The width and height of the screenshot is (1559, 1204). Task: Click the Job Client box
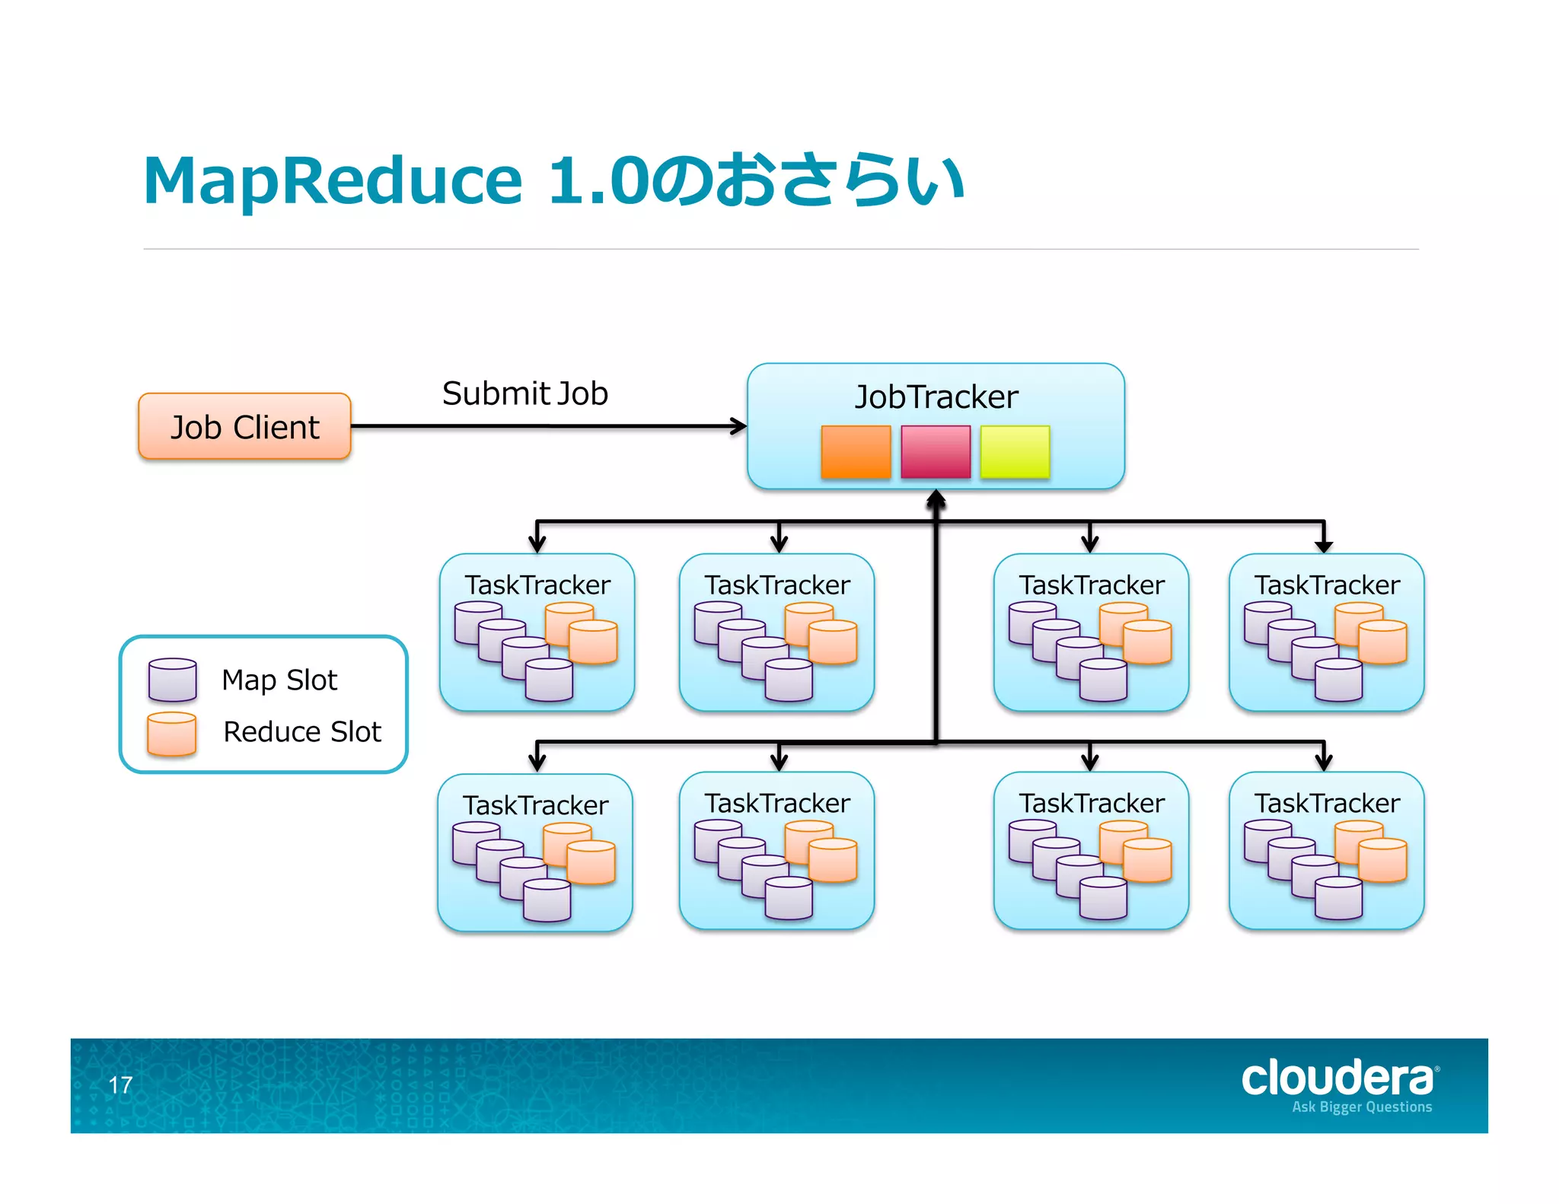tap(244, 426)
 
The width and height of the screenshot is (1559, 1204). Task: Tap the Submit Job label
tap(524, 393)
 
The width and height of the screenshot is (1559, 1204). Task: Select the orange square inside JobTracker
tap(856, 451)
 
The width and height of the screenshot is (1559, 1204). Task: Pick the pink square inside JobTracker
tap(935, 451)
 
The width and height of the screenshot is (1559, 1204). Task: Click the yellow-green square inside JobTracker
tap(1015, 451)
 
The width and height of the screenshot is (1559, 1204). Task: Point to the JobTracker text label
tap(936, 397)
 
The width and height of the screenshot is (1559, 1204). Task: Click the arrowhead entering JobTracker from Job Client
tap(738, 426)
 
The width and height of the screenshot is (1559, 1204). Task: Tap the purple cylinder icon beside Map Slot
tap(173, 679)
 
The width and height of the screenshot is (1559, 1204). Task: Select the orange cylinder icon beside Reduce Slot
tap(172, 733)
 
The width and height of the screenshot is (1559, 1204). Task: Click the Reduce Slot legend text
tap(302, 731)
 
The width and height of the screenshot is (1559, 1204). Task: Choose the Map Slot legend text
tap(279, 680)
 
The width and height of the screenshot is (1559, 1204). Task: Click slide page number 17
tap(120, 1085)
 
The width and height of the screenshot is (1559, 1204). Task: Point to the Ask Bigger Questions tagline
tap(1362, 1107)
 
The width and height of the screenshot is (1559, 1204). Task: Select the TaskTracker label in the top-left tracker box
tap(537, 584)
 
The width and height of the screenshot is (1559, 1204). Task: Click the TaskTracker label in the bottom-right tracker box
tap(1327, 803)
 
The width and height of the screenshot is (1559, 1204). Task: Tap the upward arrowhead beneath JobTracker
tap(936, 499)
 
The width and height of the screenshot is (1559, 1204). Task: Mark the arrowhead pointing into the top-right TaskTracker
tap(1324, 546)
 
